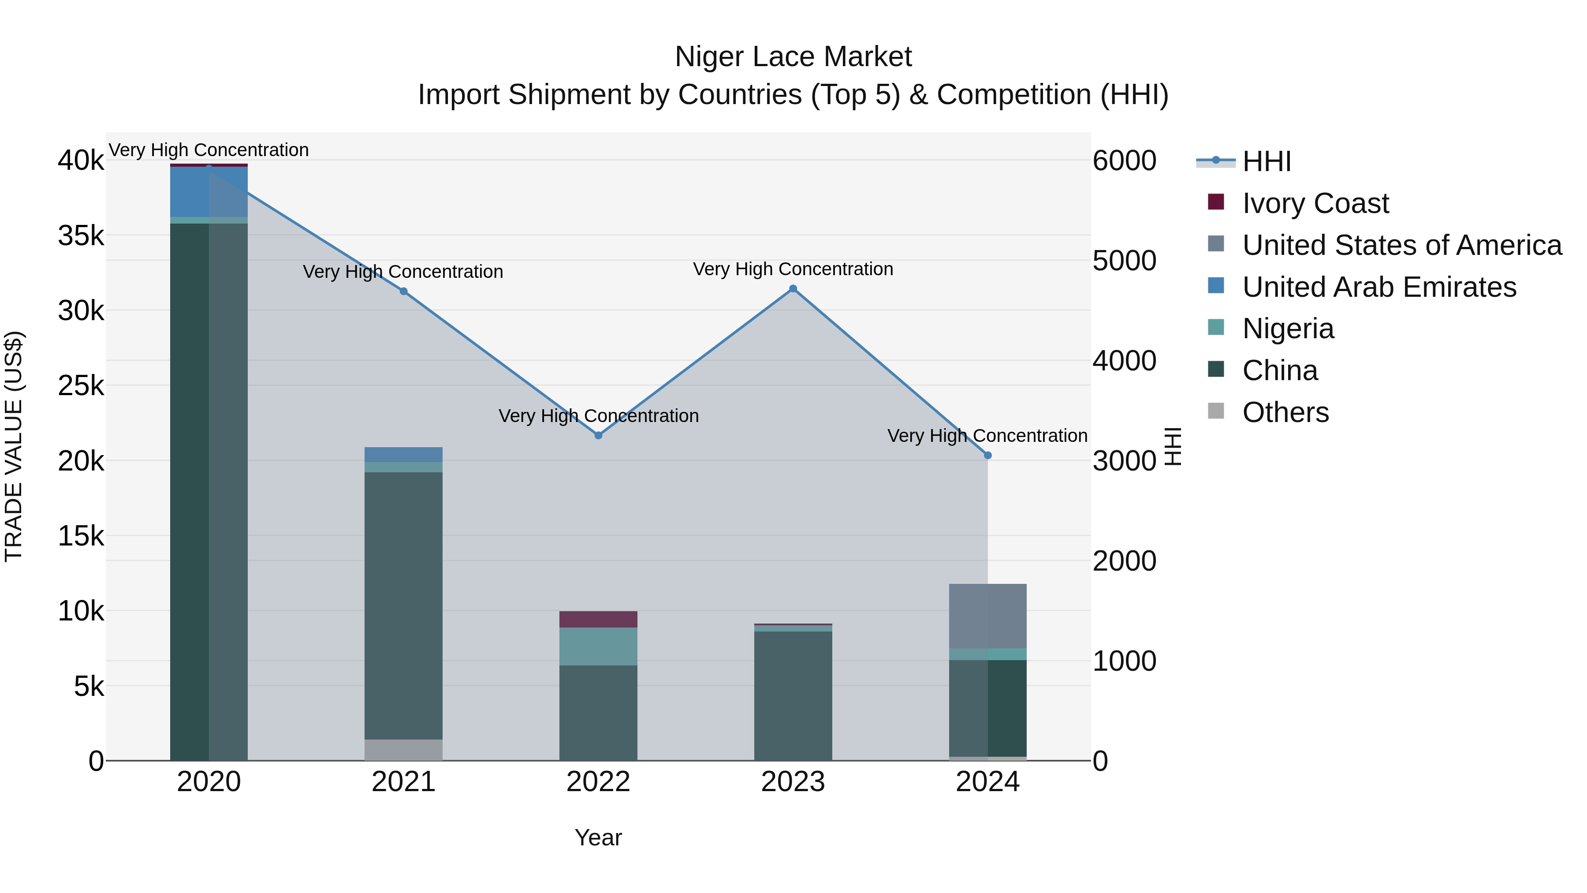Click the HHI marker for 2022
[x=598, y=435]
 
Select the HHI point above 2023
[x=793, y=288]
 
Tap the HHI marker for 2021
[x=403, y=291]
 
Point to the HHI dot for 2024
[x=987, y=456]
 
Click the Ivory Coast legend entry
[x=1315, y=203]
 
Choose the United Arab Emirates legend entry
[x=1379, y=287]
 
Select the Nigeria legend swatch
[x=1216, y=327]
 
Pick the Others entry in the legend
[x=1285, y=412]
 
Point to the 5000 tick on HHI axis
[x=1124, y=261]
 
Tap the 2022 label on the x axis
[x=598, y=782]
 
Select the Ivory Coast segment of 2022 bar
[x=598, y=620]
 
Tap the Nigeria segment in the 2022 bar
[x=598, y=646]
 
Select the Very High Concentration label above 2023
[x=793, y=269]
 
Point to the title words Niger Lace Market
[x=793, y=57]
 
